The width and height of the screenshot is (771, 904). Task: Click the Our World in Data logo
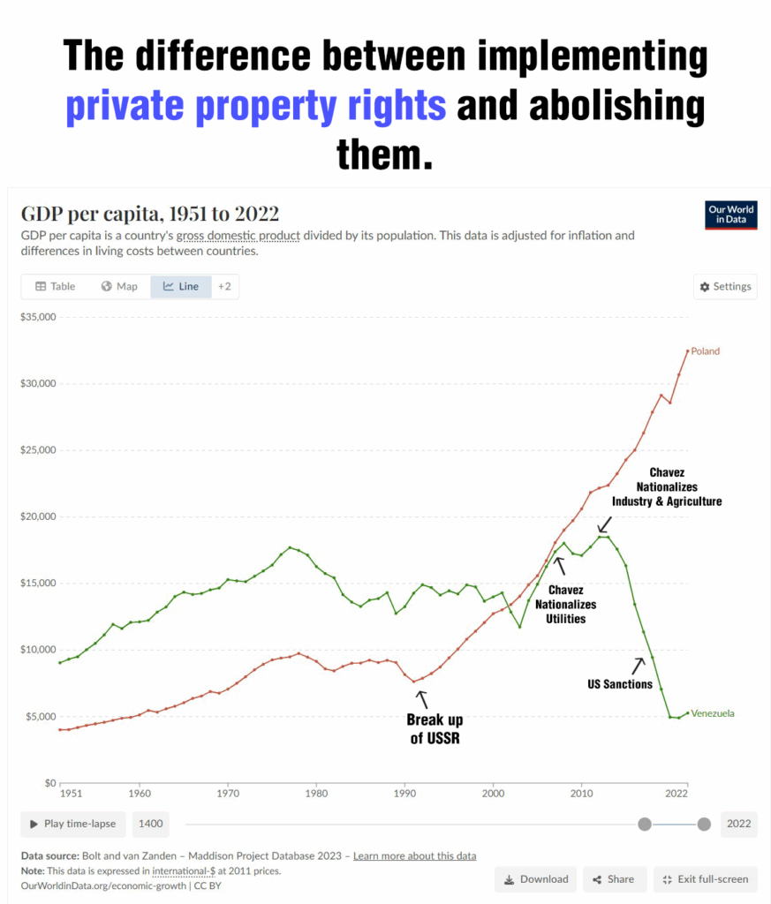click(x=730, y=215)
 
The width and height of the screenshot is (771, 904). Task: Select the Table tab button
click(x=55, y=286)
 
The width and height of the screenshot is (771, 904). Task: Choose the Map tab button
click(x=119, y=286)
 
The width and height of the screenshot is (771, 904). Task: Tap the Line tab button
click(x=181, y=286)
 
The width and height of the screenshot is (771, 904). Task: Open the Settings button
click(x=725, y=287)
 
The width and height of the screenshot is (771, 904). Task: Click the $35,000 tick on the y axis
click(x=38, y=317)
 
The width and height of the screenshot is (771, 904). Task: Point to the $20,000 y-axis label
click(x=38, y=516)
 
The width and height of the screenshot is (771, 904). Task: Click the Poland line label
click(x=705, y=351)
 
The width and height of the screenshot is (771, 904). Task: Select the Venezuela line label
click(x=713, y=713)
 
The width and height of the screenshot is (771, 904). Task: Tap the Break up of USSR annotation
click(x=435, y=728)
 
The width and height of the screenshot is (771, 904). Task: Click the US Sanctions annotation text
click(x=620, y=684)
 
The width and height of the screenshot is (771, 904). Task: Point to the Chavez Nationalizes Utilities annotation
click(x=565, y=604)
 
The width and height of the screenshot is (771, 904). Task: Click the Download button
click(x=535, y=878)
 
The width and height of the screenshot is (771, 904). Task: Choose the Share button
click(x=613, y=878)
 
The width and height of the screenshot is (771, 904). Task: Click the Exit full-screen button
click(x=705, y=878)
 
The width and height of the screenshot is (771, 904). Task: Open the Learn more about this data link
click(x=414, y=855)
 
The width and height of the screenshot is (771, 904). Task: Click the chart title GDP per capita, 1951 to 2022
click(x=149, y=214)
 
